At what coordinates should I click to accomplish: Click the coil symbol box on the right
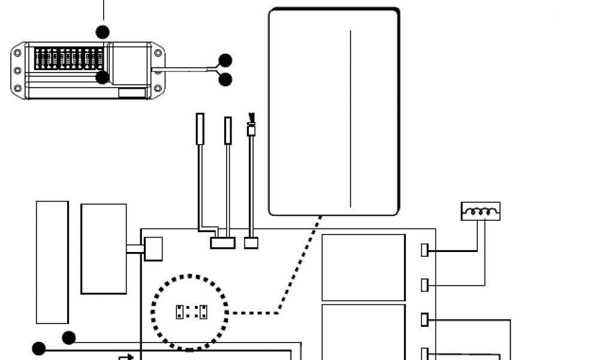click(x=480, y=211)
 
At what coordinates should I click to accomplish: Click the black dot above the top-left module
click(x=103, y=31)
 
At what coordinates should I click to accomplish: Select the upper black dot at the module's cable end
click(x=225, y=60)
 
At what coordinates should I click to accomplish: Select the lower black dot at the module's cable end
click(x=225, y=79)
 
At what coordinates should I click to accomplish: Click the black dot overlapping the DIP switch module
click(x=103, y=77)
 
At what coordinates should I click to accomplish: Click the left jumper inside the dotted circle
click(x=179, y=311)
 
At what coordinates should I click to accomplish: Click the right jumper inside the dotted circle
click(x=203, y=311)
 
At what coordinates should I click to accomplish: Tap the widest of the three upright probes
click(x=200, y=128)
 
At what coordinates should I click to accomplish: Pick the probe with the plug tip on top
click(x=251, y=129)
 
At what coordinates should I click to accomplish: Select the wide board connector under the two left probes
click(x=222, y=243)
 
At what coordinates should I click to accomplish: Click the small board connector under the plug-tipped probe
click(x=251, y=243)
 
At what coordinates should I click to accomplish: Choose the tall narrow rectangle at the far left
click(x=52, y=262)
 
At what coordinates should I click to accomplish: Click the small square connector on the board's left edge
click(x=153, y=249)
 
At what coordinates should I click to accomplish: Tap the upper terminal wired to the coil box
click(x=425, y=250)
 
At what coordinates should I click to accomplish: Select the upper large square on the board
click(x=363, y=267)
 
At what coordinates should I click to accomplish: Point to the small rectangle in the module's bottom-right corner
click(x=132, y=92)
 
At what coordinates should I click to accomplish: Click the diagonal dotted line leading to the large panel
click(x=300, y=264)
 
